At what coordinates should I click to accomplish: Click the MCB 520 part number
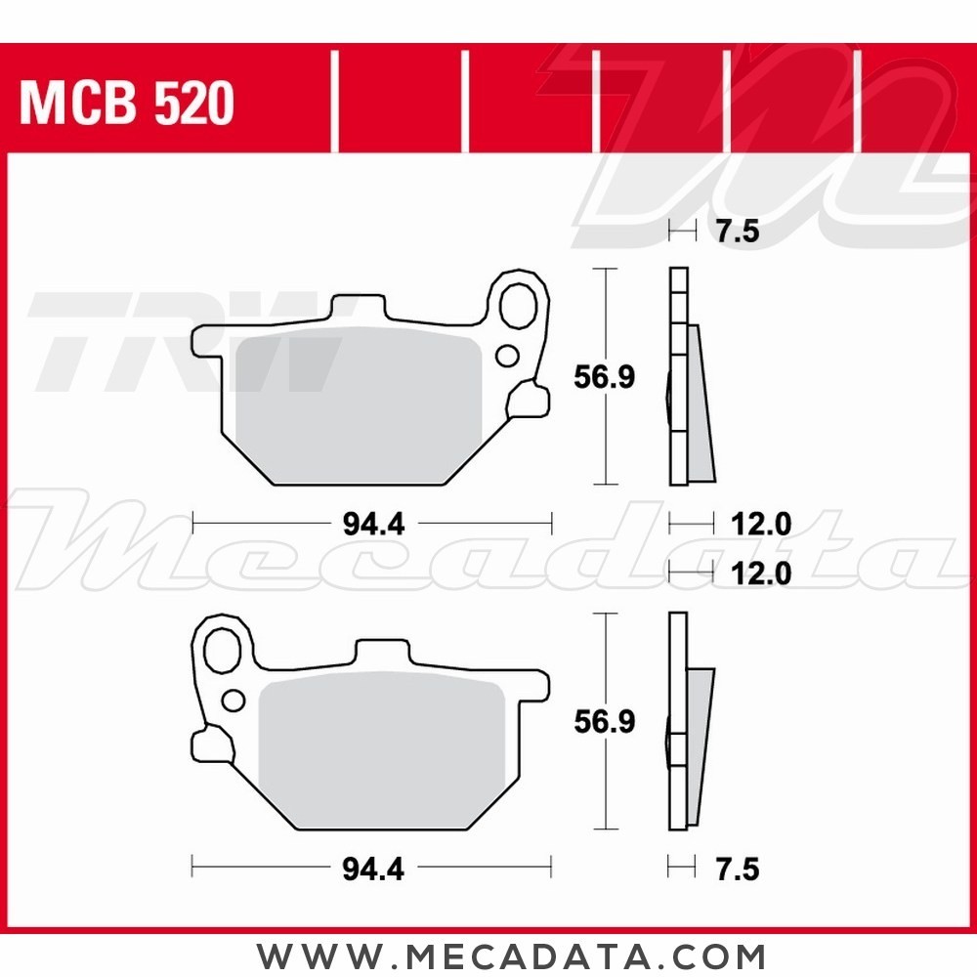tap(127, 103)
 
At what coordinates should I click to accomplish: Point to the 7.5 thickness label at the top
tap(738, 232)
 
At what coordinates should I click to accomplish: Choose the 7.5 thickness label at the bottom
tap(738, 868)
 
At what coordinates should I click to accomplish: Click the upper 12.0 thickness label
tap(760, 525)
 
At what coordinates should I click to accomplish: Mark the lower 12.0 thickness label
tap(760, 573)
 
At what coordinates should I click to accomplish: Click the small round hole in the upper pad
tap(507, 355)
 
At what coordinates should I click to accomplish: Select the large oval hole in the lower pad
tap(225, 648)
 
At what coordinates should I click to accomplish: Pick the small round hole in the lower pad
tap(234, 700)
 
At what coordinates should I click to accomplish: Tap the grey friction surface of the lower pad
tap(381, 747)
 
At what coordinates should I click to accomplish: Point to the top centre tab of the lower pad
tap(381, 654)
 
